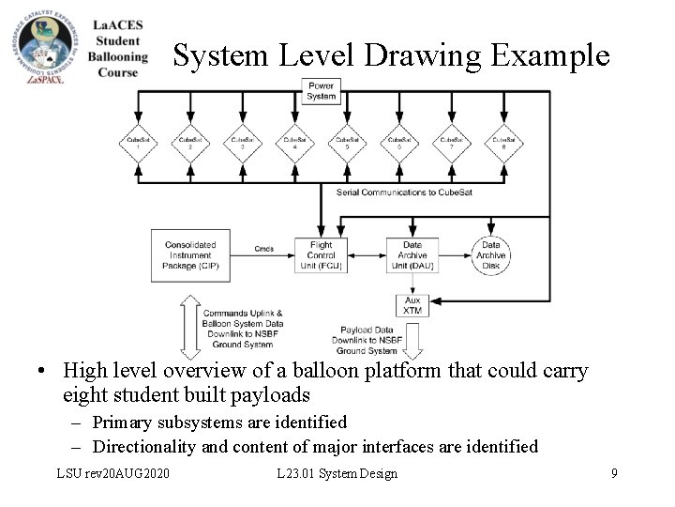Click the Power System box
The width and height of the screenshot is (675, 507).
pos(322,91)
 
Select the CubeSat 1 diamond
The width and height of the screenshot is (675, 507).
pos(138,144)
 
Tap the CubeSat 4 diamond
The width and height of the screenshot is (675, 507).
pos(295,144)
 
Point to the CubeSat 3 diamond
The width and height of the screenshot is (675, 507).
pos(243,144)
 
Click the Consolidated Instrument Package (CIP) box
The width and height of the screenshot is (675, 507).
pos(190,255)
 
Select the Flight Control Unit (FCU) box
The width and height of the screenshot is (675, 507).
pos(322,255)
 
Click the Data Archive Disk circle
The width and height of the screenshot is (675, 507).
pos(490,255)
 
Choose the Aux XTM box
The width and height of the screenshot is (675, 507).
pos(412,305)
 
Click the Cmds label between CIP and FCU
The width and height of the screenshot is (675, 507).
pos(263,249)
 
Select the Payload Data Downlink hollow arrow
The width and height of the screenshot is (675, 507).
pos(412,338)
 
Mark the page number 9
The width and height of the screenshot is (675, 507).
pos(614,473)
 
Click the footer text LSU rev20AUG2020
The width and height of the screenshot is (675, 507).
pos(113,473)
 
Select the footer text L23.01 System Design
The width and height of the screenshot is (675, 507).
pos(338,473)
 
